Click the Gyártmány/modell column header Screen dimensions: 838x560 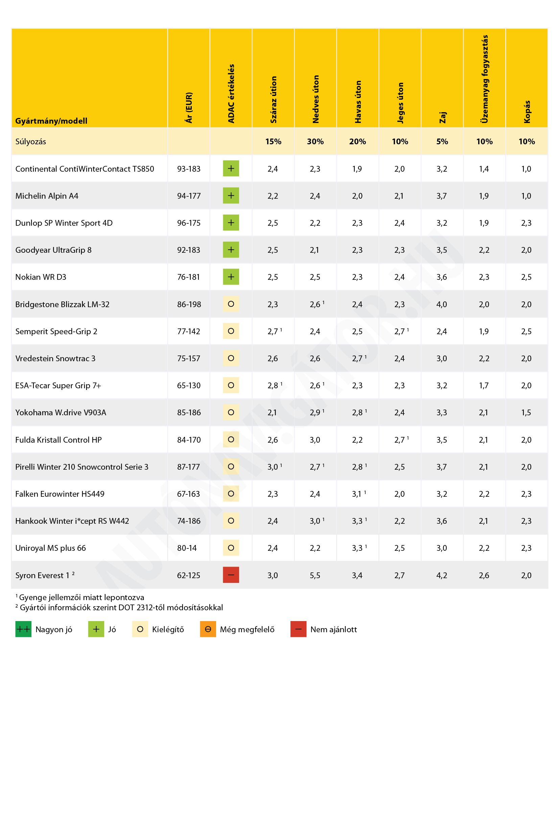(51, 121)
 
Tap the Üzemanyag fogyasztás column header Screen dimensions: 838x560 (484, 79)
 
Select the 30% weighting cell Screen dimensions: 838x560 (316, 142)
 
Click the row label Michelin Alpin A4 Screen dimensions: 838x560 (47, 196)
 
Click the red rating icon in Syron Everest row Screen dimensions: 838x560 (231, 575)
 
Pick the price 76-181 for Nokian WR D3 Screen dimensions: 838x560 (189, 277)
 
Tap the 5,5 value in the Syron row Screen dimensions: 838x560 (315, 575)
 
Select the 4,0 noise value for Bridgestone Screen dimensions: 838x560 (442, 304)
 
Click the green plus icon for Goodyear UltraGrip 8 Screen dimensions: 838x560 (231, 250)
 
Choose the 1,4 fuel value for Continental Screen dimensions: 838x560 (484, 169)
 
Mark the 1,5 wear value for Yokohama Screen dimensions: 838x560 (526, 413)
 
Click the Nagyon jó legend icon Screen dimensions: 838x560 (23, 629)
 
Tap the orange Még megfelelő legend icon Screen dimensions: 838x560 (208, 629)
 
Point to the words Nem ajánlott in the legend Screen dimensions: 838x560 (333, 630)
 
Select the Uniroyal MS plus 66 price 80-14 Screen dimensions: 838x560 (187, 548)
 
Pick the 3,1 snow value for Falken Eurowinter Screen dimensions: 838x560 (357, 494)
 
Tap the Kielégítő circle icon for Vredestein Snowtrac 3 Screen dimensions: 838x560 (231, 358)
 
